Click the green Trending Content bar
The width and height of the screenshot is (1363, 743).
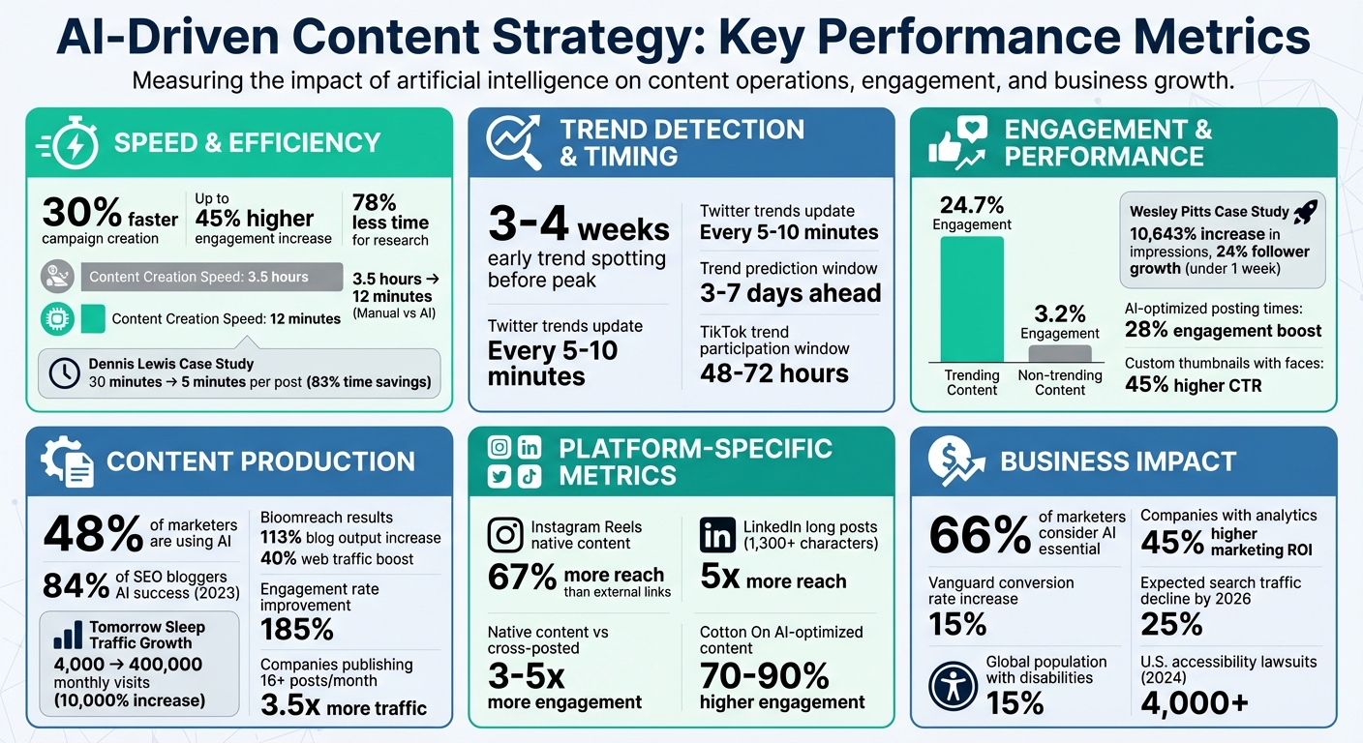click(972, 299)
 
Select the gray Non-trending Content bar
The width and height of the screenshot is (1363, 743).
click(1060, 353)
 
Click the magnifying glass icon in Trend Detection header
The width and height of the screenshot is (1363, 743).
click(515, 143)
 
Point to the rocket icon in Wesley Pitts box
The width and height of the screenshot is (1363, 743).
click(1307, 212)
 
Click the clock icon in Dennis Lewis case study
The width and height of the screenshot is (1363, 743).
click(64, 373)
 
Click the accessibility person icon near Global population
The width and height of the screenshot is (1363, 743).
click(952, 686)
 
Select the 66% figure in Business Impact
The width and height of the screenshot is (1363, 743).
click(980, 534)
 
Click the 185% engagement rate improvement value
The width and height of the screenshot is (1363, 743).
click(297, 630)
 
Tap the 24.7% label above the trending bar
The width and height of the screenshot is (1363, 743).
click(971, 204)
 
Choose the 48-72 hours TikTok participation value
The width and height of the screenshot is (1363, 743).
click(773, 373)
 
